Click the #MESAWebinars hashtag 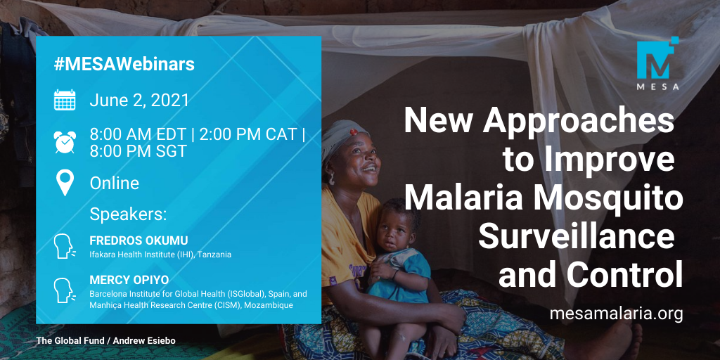pyautogui.click(x=124, y=65)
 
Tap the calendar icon pyautogui.click(x=65, y=100)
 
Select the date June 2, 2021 pyautogui.click(x=139, y=101)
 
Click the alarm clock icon pyautogui.click(x=65, y=142)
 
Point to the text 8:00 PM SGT pyautogui.click(x=138, y=151)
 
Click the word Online pyautogui.click(x=115, y=184)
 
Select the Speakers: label pyautogui.click(x=128, y=214)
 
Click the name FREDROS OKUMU pyautogui.click(x=139, y=241)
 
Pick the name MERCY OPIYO pyautogui.click(x=129, y=280)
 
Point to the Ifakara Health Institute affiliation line pyautogui.click(x=160, y=255)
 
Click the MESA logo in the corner pyautogui.click(x=657, y=63)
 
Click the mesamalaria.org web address pyautogui.click(x=616, y=314)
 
